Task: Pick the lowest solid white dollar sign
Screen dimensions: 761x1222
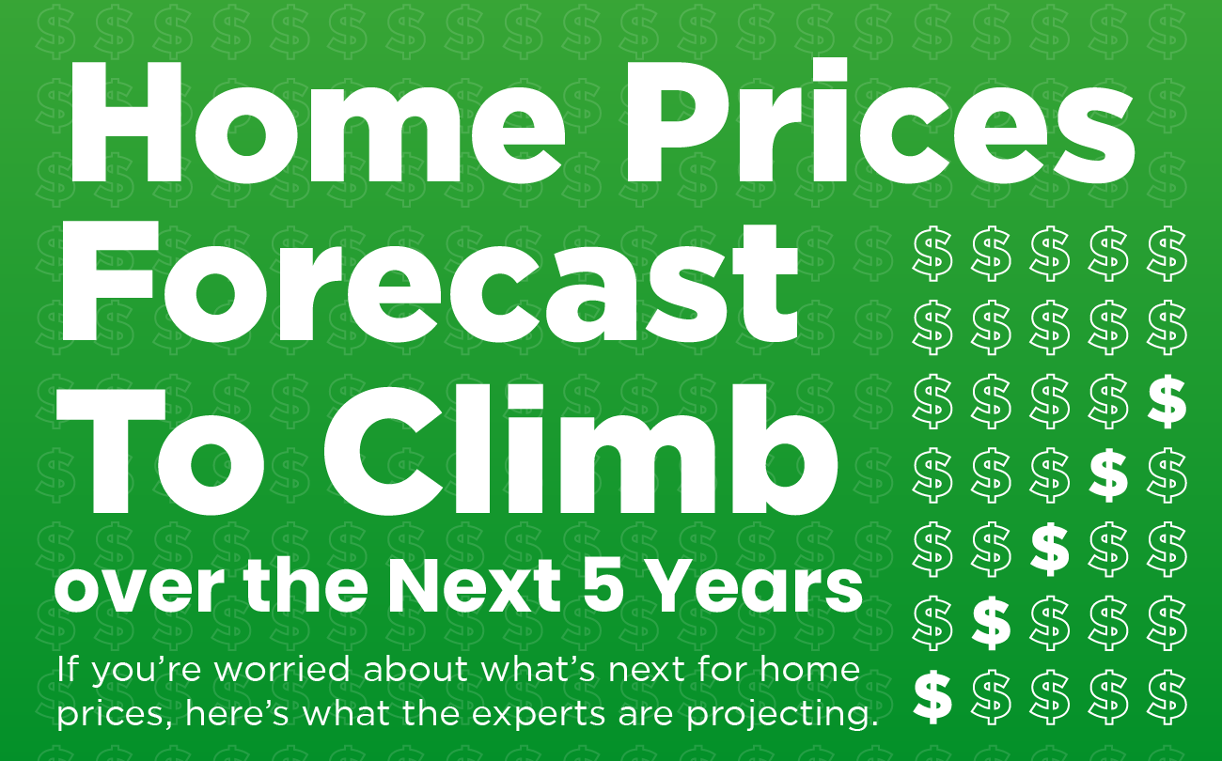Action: pyautogui.click(x=932, y=695)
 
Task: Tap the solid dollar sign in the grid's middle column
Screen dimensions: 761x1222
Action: pyautogui.click(x=1049, y=549)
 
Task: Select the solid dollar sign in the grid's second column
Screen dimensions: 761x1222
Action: pyautogui.click(x=991, y=622)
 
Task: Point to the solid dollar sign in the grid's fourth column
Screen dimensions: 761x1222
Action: pyautogui.click(x=1107, y=475)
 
